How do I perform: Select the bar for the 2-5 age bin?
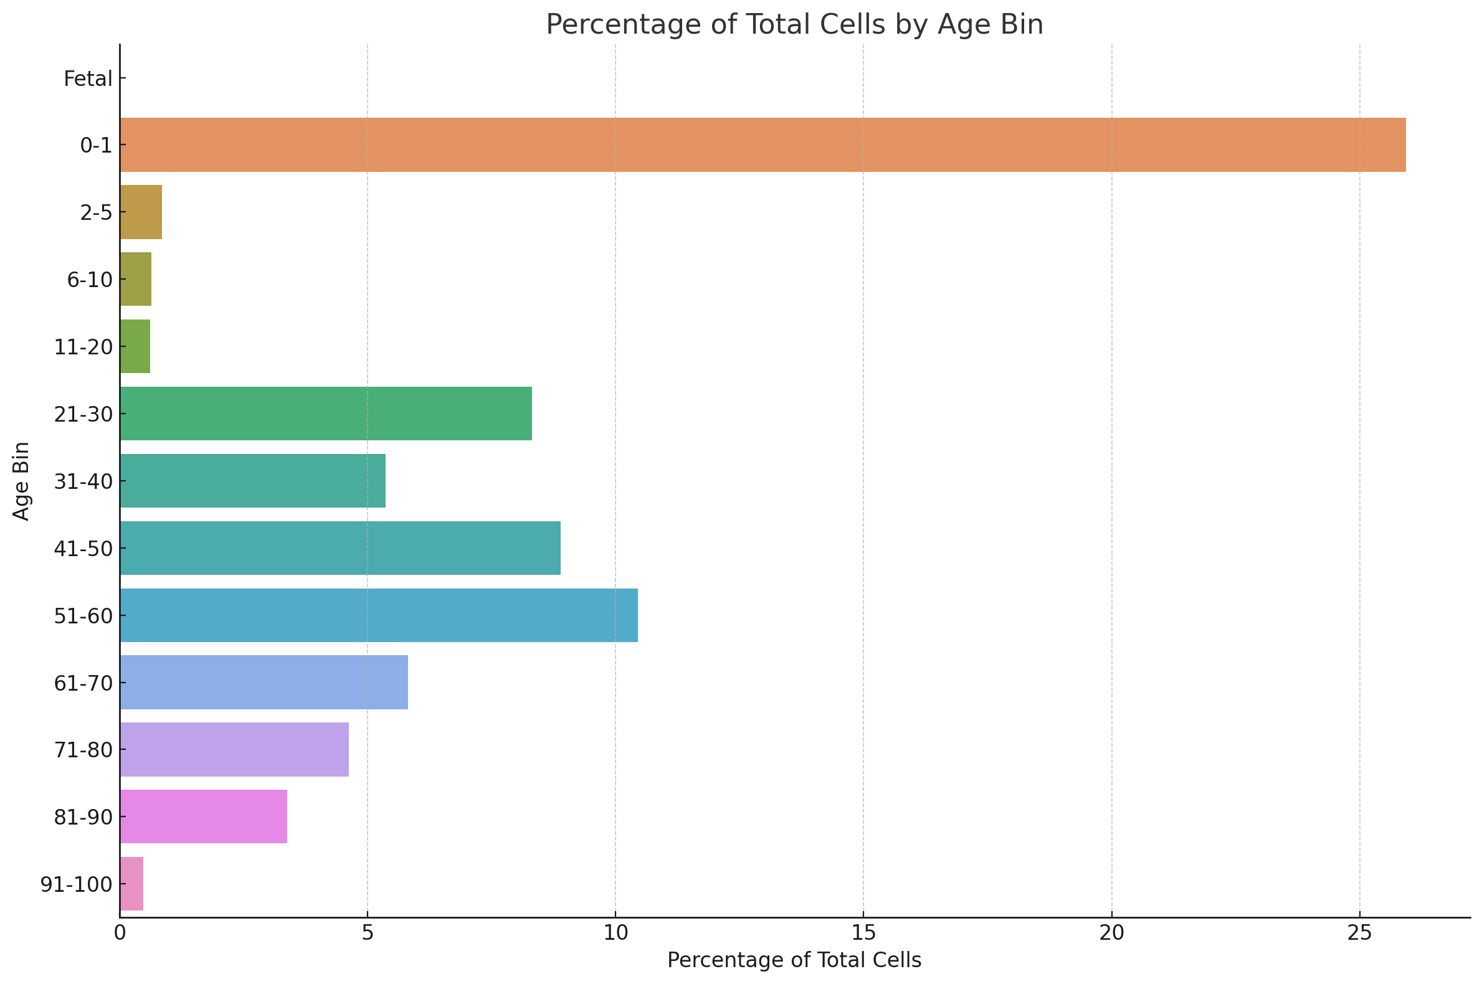point(141,212)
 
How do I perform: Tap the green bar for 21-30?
point(326,414)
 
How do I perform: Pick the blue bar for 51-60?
point(379,615)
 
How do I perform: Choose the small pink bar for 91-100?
point(131,884)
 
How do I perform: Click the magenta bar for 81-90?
point(203,816)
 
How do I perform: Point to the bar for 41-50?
point(340,548)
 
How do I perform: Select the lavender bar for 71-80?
point(234,749)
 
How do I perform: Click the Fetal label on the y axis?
point(88,79)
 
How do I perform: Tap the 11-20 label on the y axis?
point(83,347)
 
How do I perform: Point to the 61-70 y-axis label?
point(83,683)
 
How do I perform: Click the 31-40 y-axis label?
point(83,481)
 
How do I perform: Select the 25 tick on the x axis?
point(1359,934)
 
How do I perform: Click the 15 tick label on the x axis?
point(862,934)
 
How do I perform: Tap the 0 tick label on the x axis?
point(119,934)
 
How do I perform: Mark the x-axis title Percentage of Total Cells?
point(794,961)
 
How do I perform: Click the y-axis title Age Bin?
point(21,481)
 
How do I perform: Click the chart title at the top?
point(794,24)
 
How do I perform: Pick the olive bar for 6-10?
point(136,279)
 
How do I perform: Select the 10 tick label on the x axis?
point(615,934)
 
